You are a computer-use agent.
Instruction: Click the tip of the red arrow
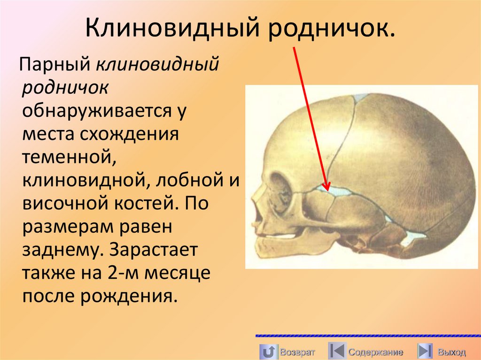pos(327,188)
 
